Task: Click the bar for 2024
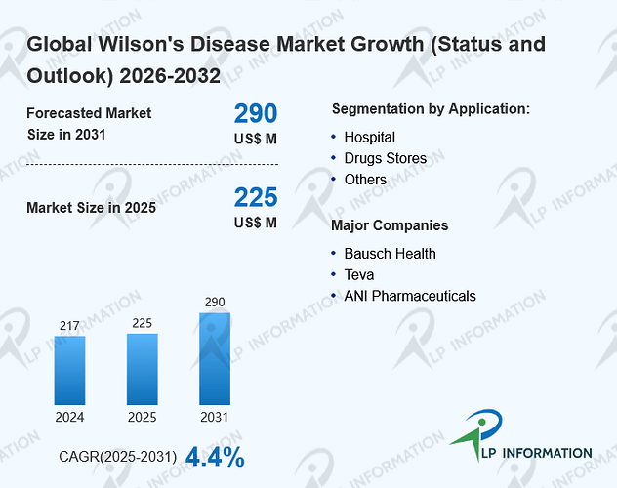pos(69,370)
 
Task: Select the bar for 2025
pos(143,369)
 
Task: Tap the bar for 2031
pos(215,358)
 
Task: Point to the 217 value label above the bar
pos(69,326)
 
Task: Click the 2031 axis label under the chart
pos(215,417)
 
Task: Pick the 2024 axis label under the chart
pos(69,417)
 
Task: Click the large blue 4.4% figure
pos(215,457)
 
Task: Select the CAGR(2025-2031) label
pos(118,457)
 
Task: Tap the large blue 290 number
pos(256,113)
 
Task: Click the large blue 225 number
pos(256,197)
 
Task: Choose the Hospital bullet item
pos(369,138)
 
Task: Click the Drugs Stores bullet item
pos(386,158)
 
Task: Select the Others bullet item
pos(365,180)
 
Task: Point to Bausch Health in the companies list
pos(390,254)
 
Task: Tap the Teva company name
pos(359,275)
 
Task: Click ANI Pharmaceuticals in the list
pos(410,296)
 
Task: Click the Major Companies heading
pos(390,225)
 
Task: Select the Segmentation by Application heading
pos(431,109)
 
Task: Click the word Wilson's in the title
pos(141,44)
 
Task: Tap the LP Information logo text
pos(537,453)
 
